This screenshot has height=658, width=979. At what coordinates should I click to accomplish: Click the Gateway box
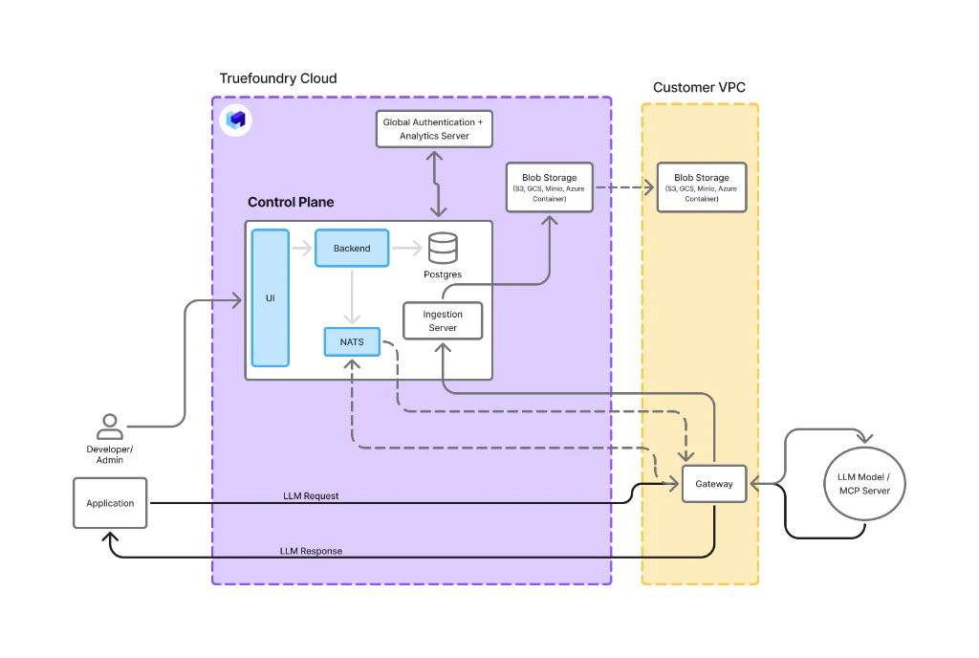point(713,484)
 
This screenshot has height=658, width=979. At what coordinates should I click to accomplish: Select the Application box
point(110,503)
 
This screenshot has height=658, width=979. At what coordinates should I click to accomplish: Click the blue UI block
point(270,297)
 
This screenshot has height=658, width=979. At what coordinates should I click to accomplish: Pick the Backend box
point(352,248)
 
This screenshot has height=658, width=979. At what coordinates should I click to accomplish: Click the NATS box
point(352,340)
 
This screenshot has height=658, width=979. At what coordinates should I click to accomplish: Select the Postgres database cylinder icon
point(442,249)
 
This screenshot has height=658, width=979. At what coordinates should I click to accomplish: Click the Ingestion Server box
point(442,321)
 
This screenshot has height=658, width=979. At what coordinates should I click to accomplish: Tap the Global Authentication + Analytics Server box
point(434,129)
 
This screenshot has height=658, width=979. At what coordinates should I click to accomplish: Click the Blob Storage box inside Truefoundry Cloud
point(549,187)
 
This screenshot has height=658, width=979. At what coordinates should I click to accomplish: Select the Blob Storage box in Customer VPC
point(701,187)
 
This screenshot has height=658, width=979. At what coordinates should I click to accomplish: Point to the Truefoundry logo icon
point(236,121)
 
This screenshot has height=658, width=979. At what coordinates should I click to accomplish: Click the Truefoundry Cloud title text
point(278,78)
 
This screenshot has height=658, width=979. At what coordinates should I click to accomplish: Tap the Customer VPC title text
point(699,87)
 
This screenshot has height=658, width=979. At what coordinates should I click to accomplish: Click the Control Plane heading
point(291,202)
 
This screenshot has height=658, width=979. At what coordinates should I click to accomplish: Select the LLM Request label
point(311,496)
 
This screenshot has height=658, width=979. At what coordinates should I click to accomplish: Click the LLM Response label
point(311,551)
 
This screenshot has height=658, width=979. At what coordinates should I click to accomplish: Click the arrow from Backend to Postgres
point(406,249)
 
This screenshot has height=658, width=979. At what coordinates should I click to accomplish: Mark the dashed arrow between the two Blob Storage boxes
point(624,187)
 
